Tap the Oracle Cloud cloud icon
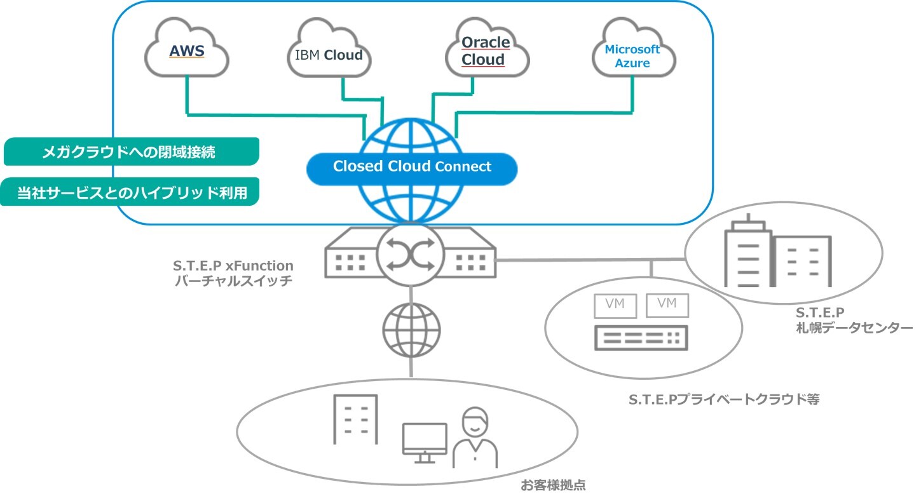click(486, 51)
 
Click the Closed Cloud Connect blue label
click(412, 166)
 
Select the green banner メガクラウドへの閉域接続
click(131, 152)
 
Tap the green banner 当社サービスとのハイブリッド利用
click(131, 192)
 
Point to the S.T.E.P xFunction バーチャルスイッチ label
click(234, 273)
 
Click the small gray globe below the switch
click(411, 329)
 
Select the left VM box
click(615, 305)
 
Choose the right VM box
click(667, 304)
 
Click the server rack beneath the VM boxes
click(641, 338)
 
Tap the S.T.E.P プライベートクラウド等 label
click(724, 399)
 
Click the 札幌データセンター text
click(853, 328)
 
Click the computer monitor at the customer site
click(425, 439)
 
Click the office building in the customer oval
click(355, 419)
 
